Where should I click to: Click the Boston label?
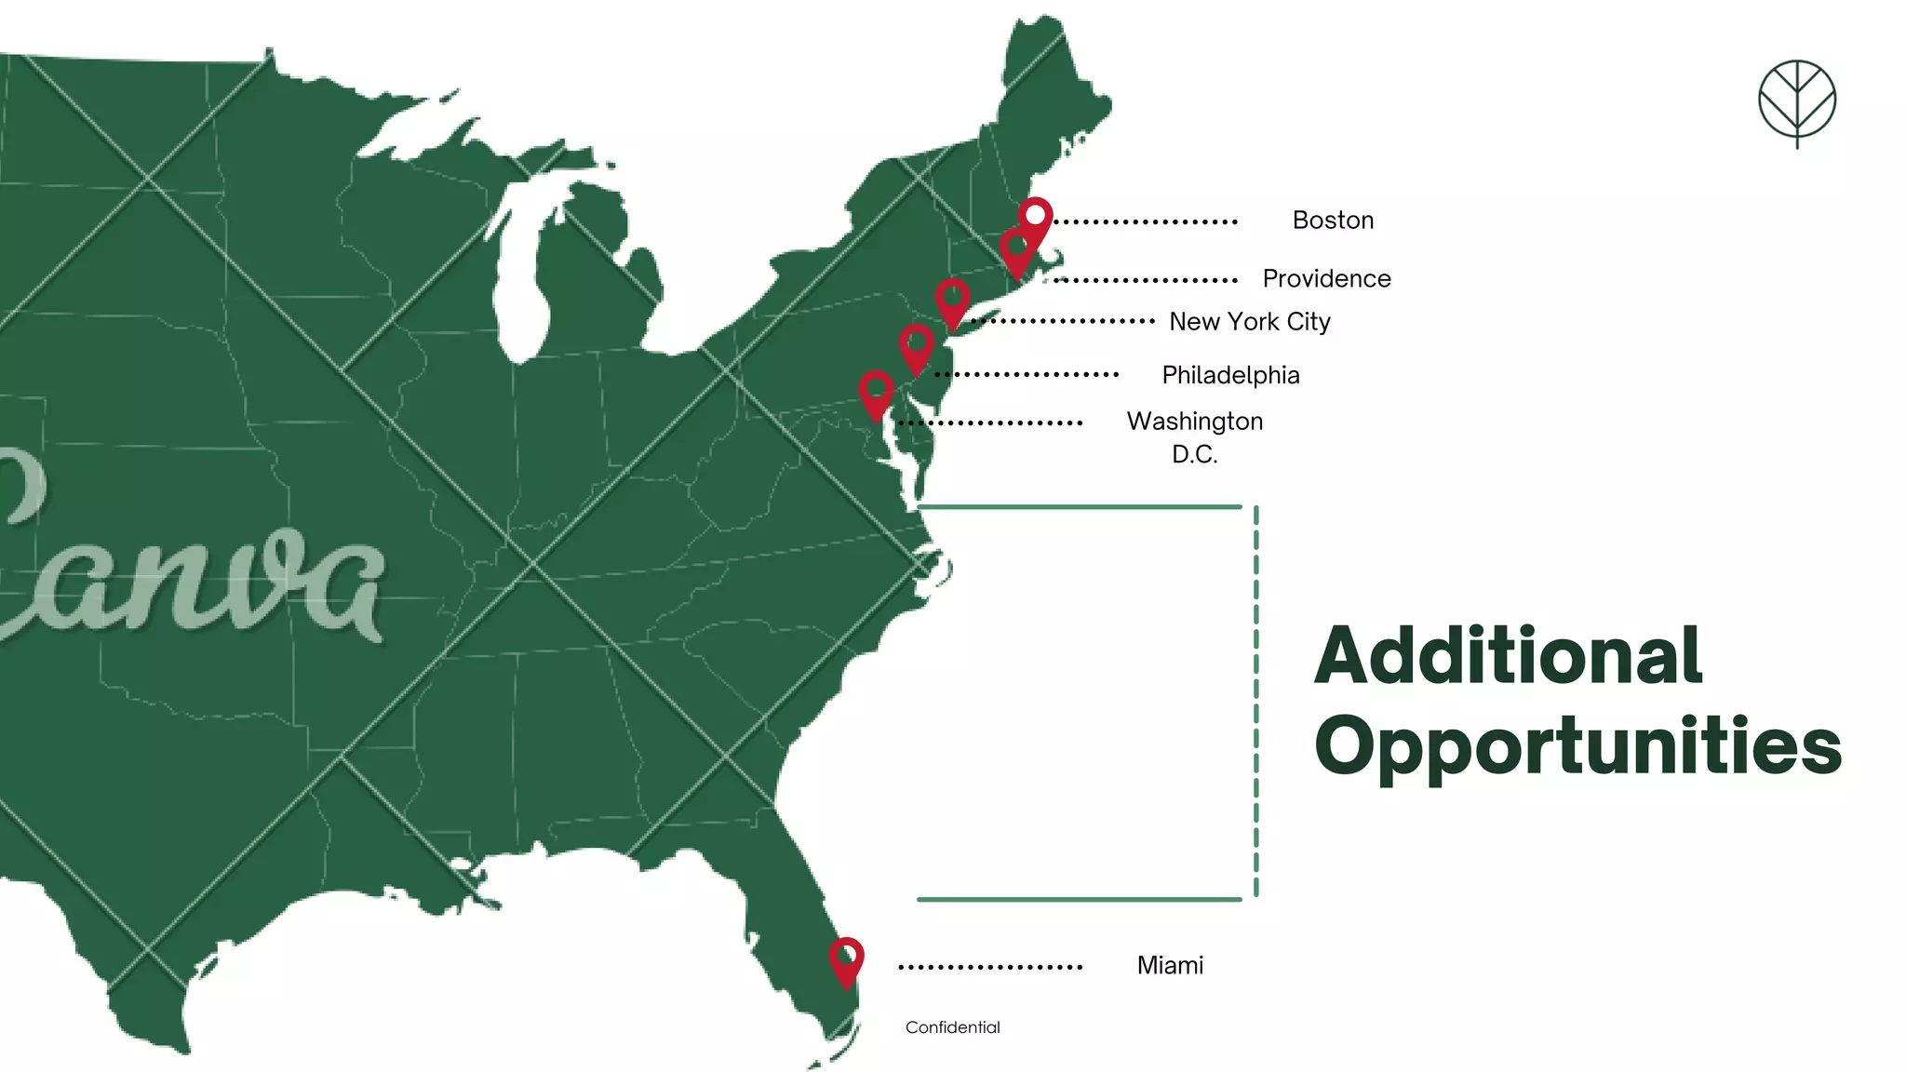tap(1333, 221)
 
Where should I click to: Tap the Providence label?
tap(1326, 278)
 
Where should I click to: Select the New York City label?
tap(1249, 322)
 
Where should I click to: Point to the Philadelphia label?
tap(1230, 375)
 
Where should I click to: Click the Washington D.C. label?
tap(1195, 437)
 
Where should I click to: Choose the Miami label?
tap(1170, 965)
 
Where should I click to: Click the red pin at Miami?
tap(846, 958)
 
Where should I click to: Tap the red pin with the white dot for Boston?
tap(1036, 218)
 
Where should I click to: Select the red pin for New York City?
tap(952, 301)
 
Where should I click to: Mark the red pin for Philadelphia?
tap(916, 346)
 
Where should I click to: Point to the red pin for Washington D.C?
tap(876, 392)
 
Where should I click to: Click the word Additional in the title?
tap(1508, 656)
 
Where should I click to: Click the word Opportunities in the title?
tap(1577, 746)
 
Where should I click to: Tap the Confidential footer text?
tap(952, 1027)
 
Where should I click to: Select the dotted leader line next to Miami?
tap(990, 968)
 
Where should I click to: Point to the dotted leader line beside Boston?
tap(1145, 222)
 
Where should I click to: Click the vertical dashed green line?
tap(1256, 703)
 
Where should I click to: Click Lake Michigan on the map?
tap(521, 279)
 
